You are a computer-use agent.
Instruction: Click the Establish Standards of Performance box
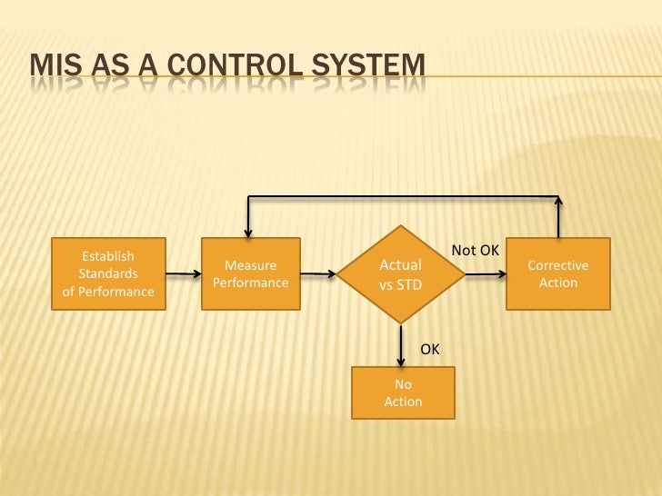pos(108,273)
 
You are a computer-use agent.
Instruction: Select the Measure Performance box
pos(250,273)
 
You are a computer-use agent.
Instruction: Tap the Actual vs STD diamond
pos(400,273)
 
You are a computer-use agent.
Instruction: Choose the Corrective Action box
pos(557,273)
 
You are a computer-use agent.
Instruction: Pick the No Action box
pos(403,392)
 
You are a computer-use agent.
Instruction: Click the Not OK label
pos(475,250)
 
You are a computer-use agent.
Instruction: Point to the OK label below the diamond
pos(429,349)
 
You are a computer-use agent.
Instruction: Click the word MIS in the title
pos(55,65)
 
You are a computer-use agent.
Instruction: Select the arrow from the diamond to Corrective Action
pos(484,273)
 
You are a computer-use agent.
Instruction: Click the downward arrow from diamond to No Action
pos(401,343)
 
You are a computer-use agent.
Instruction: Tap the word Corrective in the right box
pos(557,265)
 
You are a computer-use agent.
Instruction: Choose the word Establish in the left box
pos(108,256)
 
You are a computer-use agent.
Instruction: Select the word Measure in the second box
pos(250,265)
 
